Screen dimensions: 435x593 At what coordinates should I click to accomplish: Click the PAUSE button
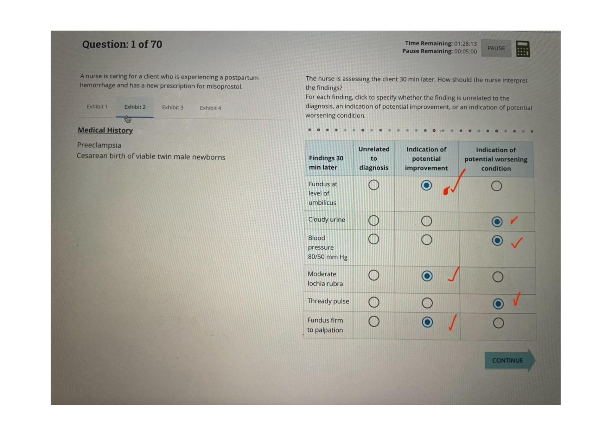pyautogui.click(x=496, y=48)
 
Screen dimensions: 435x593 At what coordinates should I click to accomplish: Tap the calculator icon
pyautogui.click(x=523, y=49)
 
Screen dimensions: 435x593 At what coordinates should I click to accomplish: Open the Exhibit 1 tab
pyautogui.click(x=97, y=107)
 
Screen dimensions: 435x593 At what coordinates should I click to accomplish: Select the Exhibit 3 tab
pyautogui.click(x=172, y=107)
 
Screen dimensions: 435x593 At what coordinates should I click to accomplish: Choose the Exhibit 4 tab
pyautogui.click(x=210, y=108)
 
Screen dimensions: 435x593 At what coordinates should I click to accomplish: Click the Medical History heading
pyautogui.click(x=105, y=130)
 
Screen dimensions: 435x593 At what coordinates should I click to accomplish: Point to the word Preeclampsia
pyautogui.click(x=99, y=145)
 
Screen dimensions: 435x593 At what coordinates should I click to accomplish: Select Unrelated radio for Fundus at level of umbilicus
pyautogui.click(x=374, y=185)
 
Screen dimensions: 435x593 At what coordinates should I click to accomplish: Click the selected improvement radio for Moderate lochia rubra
pyautogui.click(x=427, y=276)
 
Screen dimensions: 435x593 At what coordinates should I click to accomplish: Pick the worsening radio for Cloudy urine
pyautogui.click(x=497, y=222)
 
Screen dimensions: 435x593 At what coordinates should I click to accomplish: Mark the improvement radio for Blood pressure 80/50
pyautogui.click(x=427, y=240)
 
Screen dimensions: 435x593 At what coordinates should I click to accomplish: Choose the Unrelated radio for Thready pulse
pyautogui.click(x=374, y=302)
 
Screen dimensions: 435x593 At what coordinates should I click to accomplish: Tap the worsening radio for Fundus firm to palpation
pyautogui.click(x=498, y=323)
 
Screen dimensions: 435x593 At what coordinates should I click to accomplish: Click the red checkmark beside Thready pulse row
pyautogui.click(x=516, y=299)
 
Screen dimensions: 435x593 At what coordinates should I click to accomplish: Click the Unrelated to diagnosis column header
pyautogui.click(x=374, y=158)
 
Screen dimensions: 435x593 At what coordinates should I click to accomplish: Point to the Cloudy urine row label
pyautogui.click(x=326, y=219)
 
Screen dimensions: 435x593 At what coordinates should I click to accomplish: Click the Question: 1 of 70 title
pyautogui.click(x=122, y=44)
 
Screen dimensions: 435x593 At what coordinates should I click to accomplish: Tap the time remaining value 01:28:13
pyautogui.click(x=465, y=44)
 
